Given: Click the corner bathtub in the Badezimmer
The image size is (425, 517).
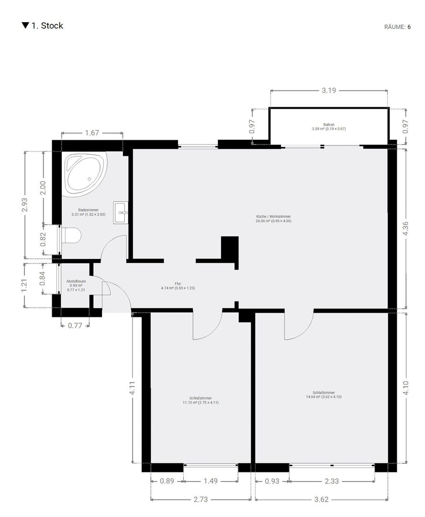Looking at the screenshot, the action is pyautogui.click(x=85, y=174).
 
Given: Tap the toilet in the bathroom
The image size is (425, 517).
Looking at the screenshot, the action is pyautogui.click(x=71, y=236).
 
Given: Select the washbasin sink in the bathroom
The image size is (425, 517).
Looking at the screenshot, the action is pyautogui.click(x=120, y=213).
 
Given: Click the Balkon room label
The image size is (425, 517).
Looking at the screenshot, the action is pyautogui.click(x=329, y=126).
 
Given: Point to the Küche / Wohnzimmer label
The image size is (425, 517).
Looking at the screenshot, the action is pyautogui.click(x=273, y=219).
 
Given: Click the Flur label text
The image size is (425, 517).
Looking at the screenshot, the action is pyautogui.click(x=178, y=285).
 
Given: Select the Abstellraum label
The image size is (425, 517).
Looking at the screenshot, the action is pyautogui.click(x=76, y=285).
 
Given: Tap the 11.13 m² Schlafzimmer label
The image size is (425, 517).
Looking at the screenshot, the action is pyautogui.click(x=201, y=400).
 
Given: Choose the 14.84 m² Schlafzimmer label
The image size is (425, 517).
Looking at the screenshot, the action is pyautogui.click(x=324, y=394).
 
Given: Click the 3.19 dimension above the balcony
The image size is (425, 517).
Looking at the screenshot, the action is pyautogui.click(x=329, y=90).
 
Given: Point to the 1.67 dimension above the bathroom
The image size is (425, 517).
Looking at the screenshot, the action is pyautogui.click(x=92, y=133).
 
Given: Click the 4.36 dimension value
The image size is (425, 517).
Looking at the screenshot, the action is pyautogui.click(x=405, y=228).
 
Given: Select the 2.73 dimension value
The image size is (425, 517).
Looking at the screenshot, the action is pyautogui.click(x=201, y=499).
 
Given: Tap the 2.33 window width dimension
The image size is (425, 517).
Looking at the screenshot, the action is pyautogui.click(x=332, y=481).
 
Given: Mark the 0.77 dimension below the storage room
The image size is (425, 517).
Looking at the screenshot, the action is pyautogui.click(x=75, y=326).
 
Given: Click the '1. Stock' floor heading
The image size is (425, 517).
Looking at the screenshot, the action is pyautogui.click(x=43, y=26).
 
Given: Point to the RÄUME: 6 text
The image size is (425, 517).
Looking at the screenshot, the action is pyautogui.click(x=397, y=27).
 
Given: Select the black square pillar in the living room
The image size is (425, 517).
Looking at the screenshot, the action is pyautogui.click(x=230, y=248).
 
